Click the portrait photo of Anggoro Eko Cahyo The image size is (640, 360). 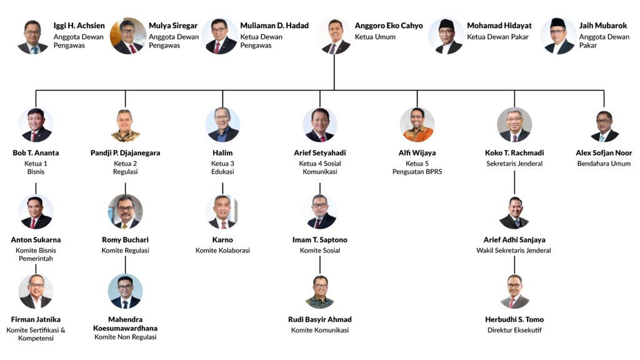tap(334, 36)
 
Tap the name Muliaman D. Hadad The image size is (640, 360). tap(274, 26)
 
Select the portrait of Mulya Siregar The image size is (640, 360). tap(128, 36)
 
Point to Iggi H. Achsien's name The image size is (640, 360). tap(79, 26)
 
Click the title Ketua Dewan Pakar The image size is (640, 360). tap(497, 37)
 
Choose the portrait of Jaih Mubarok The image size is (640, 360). tap(558, 36)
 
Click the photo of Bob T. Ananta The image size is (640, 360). tap(36, 125)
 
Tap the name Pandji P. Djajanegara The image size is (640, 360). tap(125, 152)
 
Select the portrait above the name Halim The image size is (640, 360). tap(222, 125)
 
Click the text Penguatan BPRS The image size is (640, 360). tap(417, 172)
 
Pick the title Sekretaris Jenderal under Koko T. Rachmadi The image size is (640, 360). tap(514, 164)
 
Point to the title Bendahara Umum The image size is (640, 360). tap(604, 164)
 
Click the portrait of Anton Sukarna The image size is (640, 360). tap(36, 212)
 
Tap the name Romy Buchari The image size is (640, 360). tap(125, 239)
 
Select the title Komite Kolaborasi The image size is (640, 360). tap(222, 251)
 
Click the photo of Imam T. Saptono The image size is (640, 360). tap(320, 212)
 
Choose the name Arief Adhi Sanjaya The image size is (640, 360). tap(514, 239)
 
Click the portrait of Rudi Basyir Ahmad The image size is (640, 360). tap(320, 292)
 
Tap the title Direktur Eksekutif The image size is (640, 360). tap(514, 330)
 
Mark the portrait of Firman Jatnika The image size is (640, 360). tap(36, 292)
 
